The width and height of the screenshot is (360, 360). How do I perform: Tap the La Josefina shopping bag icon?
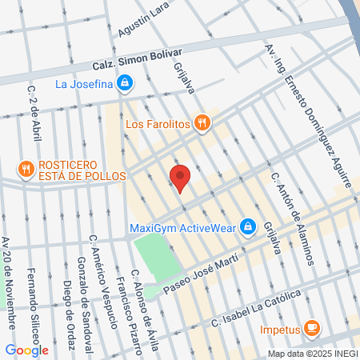click(x=125, y=82)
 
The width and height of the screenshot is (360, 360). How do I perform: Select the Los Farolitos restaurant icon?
click(x=202, y=123)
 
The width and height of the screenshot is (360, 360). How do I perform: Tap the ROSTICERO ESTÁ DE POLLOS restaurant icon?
click(x=26, y=168)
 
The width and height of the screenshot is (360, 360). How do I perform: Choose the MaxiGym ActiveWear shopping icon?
click(x=248, y=226)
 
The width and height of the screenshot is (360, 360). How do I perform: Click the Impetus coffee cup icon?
click(x=312, y=328)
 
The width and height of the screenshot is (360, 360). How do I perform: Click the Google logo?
click(x=26, y=350)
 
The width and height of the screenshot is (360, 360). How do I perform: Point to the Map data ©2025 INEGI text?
click(x=312, y=354)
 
